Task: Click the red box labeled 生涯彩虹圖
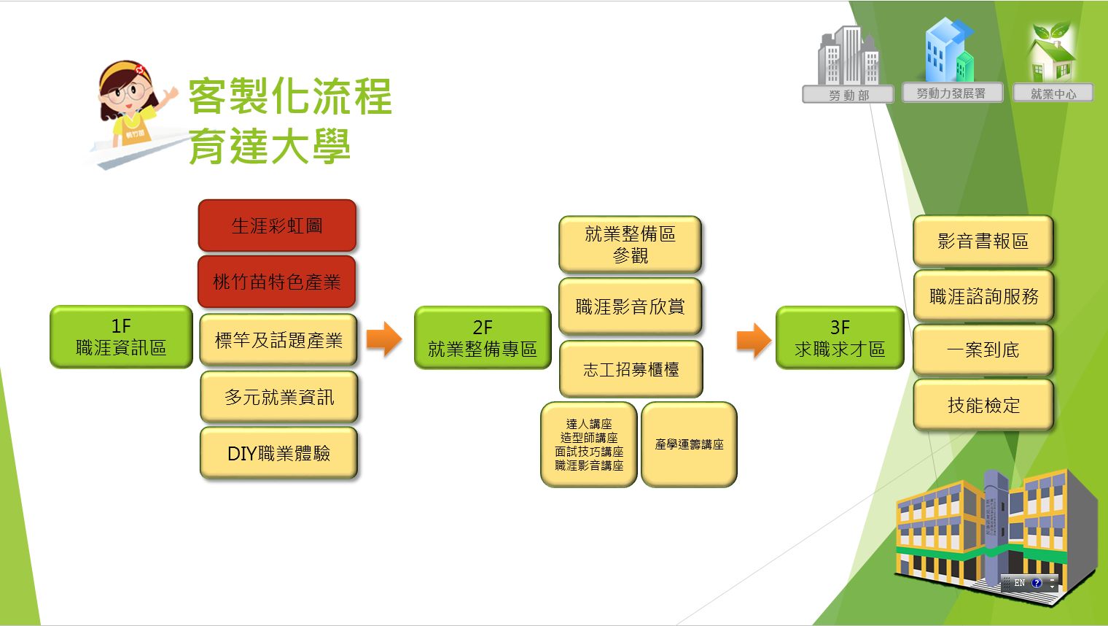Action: [277, 225]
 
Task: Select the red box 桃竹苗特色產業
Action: [276, 282]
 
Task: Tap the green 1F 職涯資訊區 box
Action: [121, 337]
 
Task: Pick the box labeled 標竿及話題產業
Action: [278, 340]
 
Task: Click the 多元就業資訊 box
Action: [279, 397]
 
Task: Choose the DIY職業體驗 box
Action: [278, 453]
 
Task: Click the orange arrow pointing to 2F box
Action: [383, 339]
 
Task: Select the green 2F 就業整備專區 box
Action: [483, 338]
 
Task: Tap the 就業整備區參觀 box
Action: [630, 244]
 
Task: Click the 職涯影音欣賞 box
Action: [630, 306]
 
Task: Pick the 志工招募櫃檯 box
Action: [631, 369]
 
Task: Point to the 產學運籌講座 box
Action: [689, 444]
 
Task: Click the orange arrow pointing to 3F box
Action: [754, 340]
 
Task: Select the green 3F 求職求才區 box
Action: [840, 338]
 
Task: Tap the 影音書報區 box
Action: [983, 241]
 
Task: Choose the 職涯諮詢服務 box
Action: [983, 296]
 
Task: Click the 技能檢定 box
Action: [983, 405]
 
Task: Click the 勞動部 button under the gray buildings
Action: [848, 95]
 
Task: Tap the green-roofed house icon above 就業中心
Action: [1051, 53]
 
